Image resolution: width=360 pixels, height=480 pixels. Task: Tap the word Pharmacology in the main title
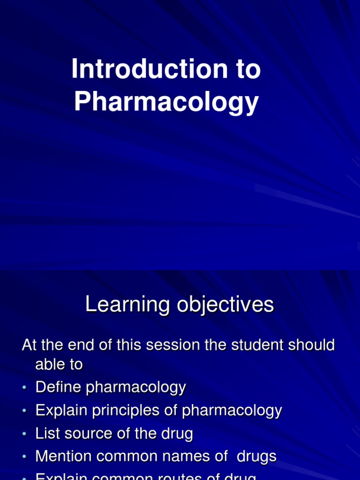tap(166, 102)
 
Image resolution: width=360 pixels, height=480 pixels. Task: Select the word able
tap(52, 365)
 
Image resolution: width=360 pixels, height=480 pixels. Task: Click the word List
tap(47, 434)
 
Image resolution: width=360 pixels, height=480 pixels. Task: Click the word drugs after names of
tap(256, 456)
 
